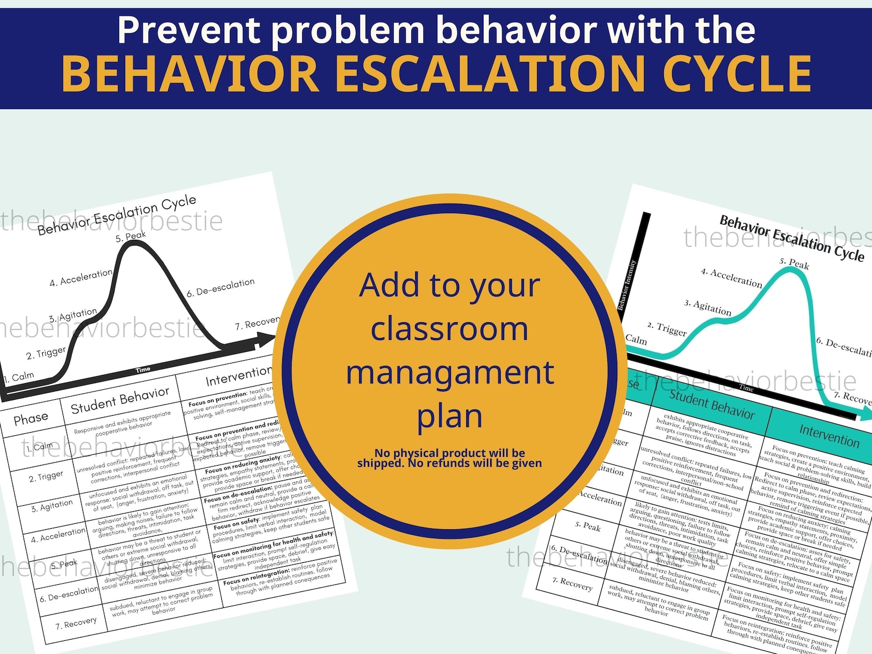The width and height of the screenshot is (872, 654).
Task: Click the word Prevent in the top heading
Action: [189, 30]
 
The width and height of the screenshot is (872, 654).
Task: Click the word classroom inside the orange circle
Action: [450, 328]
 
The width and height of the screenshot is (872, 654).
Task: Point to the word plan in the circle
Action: [450, 416]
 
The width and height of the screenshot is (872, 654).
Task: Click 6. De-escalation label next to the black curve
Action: [221, 287]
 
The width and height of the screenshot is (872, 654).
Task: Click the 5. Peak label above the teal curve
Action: [794, 264]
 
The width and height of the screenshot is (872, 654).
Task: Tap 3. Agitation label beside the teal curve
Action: [708, 308]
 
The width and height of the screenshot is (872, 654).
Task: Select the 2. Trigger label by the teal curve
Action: [667, 329]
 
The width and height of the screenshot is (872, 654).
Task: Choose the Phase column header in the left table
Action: [31, 419]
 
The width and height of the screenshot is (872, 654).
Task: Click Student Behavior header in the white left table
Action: [120, 400]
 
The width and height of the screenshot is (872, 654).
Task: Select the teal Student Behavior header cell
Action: [712, 404]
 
